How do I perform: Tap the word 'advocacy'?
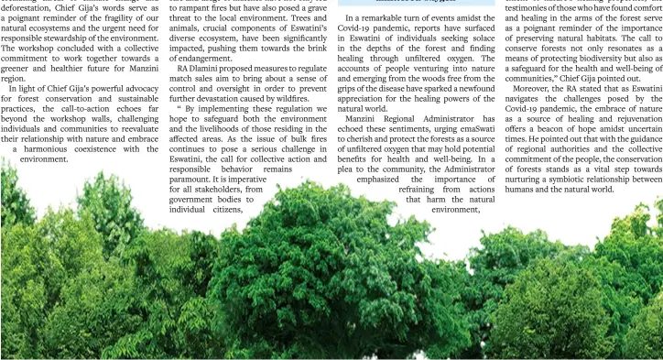pyautogui.click(x=139, y=89)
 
